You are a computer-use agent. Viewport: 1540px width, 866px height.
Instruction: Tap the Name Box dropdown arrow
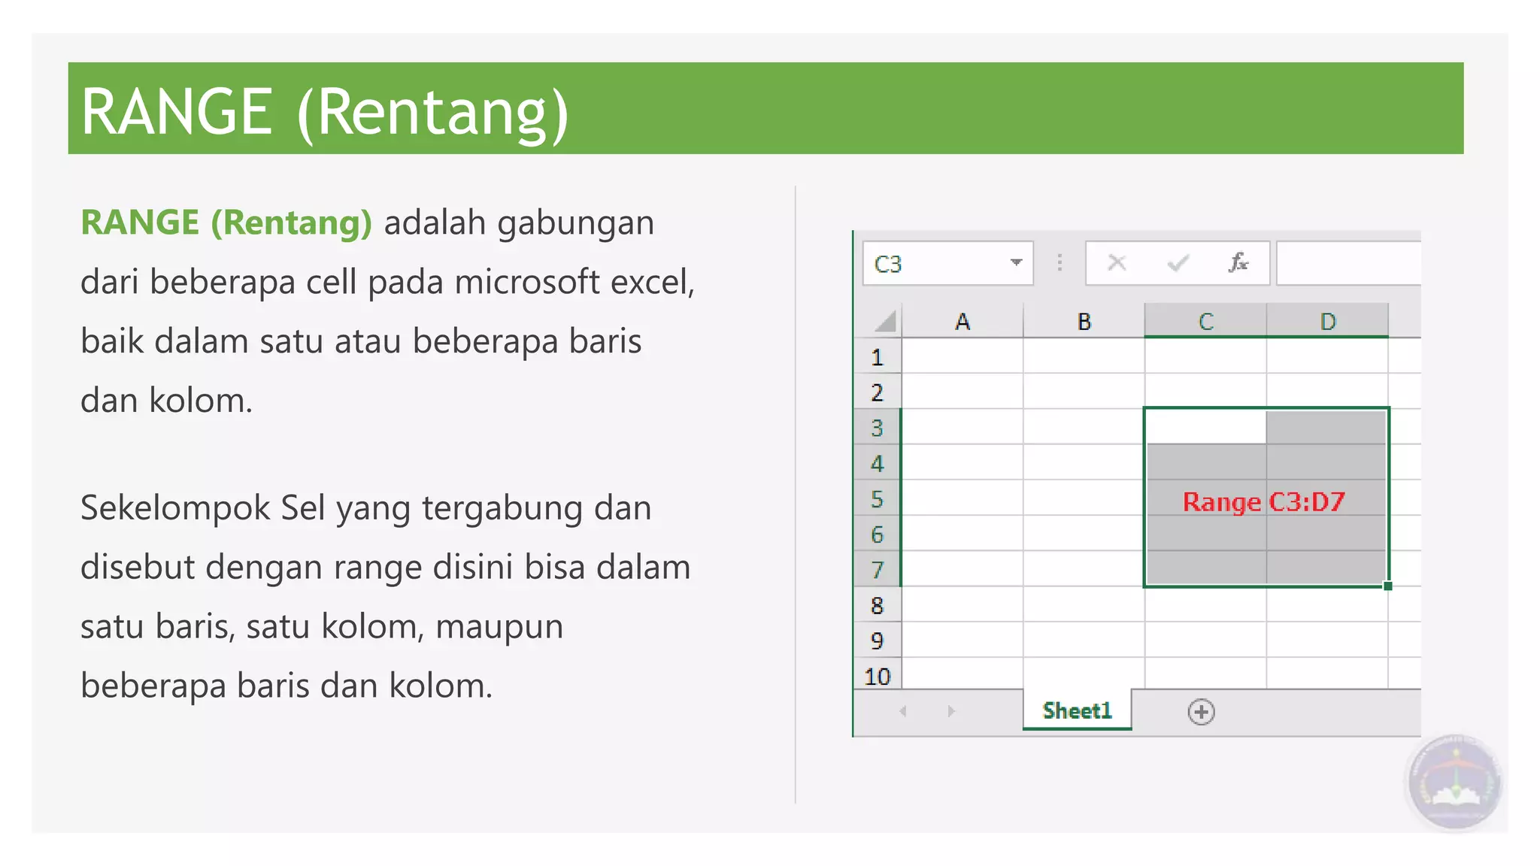[x=1016, y=263]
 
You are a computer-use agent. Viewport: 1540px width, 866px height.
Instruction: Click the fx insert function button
[x=1238, y=263]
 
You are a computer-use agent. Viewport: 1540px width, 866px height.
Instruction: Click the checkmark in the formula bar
[x=1178, y=263]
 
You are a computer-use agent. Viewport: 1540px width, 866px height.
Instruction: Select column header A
[x=962, y=322]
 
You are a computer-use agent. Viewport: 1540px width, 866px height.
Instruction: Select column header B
[x=1084, y=322]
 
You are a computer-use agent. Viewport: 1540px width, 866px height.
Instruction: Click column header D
[x=1327, y=322]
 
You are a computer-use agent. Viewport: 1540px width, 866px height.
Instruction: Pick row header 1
[x=877, y=357]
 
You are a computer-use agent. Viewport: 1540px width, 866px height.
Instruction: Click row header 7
[x=877, y=570]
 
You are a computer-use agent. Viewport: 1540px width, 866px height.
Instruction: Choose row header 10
[x=877, y=677]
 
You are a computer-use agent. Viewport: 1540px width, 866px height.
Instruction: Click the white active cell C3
[x=1205, y=427]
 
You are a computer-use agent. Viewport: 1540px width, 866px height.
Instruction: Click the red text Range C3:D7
[x=1263, y=501]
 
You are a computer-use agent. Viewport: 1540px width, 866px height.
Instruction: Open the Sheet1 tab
[x=1077, y=710]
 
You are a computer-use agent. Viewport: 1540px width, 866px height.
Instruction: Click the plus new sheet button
[x=1201, y=711]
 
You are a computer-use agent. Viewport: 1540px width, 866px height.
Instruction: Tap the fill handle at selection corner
[x=1387, y=586]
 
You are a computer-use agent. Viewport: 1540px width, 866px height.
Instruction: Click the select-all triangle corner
[x=885, y=322]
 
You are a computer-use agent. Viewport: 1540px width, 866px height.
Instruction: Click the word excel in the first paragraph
[x=650, y=283]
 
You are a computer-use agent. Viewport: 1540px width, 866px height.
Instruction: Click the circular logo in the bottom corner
[x=1454, y=783]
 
